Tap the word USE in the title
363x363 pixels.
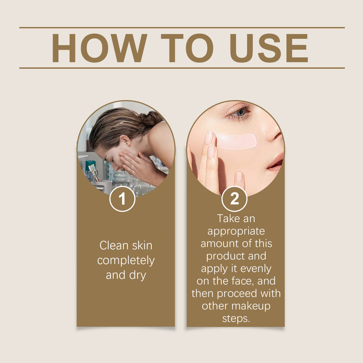coord(269,48)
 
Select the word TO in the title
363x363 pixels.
coord(187,48)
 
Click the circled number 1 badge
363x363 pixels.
coord(122,199)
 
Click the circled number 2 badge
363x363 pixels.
coord(234,199)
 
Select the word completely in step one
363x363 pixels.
coord(126,261)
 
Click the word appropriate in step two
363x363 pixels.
coord(236,231)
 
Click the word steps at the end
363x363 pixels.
coord(236,319)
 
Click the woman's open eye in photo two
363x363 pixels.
coord(240,112)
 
